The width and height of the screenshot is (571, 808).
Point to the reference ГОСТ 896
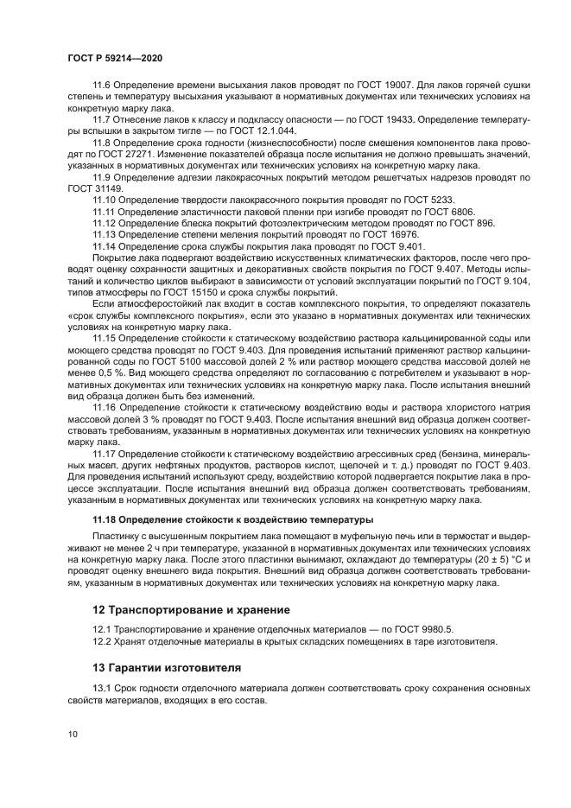[473, 222]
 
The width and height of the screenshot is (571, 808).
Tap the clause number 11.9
[103, 176]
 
